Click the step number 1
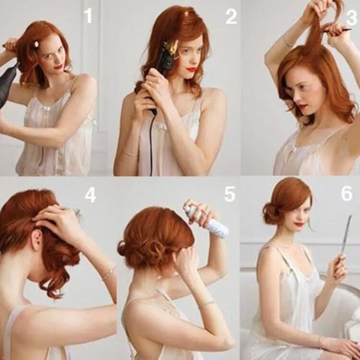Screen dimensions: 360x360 (x=88, y=16)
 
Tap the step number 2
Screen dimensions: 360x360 (x=231, y=17)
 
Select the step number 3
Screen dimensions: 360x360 (x=351, y=18)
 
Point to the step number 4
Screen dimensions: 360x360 (x=90, y=196)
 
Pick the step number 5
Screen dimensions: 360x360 (x=230, y=194)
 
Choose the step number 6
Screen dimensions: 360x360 (x=347, y=193)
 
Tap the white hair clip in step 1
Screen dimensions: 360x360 (x=36, y=43)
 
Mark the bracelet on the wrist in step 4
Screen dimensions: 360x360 (x=108, y=273)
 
